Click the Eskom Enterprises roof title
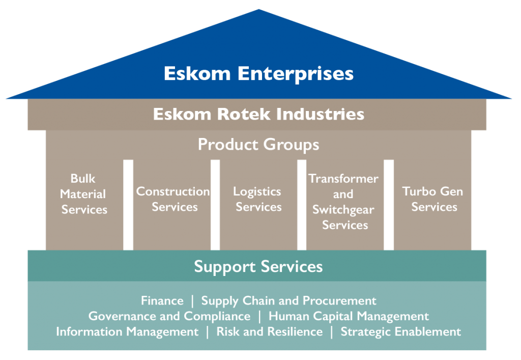click(x=258, y=73)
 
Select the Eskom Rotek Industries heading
click(x=258, y=114)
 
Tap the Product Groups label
click(x=258, y=145)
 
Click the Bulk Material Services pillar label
click(x=84, y=194)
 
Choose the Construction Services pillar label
click(x=173, y=199)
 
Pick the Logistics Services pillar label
click(x=258, y=199)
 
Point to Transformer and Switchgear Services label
click(x=343, y=202)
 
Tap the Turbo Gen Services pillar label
click(x=433, y=199)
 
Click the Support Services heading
click(x=258, y=266)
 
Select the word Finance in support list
click(x=162, y=301)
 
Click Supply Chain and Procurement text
click(x=288, y=301)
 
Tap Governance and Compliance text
click(x=169, y=316)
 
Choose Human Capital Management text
click(x=349, y=316)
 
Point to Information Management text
click(x=127, y=331)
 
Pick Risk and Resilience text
click(x=269, y=331)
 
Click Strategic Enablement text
click(x=400, y=331)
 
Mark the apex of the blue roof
click(x=259, y=11)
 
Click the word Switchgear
click(x=343, y=210)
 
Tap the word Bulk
click(x=83, y=179)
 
